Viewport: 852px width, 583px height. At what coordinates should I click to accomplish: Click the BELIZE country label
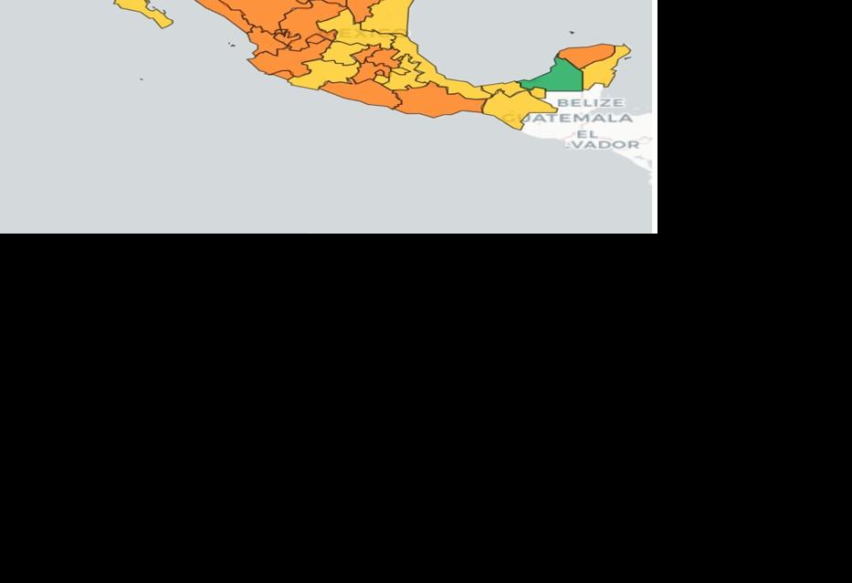(x=590, y=103)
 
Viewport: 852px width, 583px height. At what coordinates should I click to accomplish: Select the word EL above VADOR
(x=586, y=133)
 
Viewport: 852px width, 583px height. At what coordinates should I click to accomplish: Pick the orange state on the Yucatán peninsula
(x=587, y=56)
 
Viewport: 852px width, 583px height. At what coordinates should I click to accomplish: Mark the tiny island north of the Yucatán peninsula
(x=573, y=33)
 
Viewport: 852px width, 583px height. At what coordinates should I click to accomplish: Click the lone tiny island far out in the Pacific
(x=142, y=79)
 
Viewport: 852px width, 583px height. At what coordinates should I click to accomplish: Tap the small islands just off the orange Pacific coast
(x=232, y=44)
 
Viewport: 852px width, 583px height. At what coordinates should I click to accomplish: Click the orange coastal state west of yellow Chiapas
(x=438, y=102)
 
